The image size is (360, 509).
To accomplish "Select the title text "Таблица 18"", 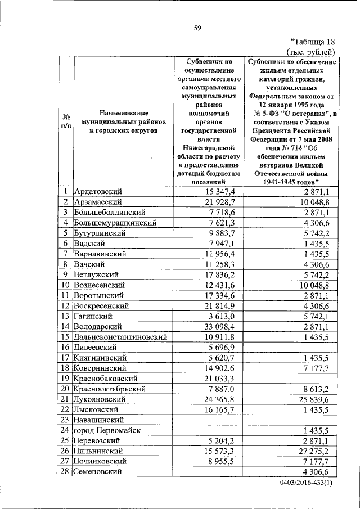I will click(x=314, y=42).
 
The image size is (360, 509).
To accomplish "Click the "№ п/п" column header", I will click(x=66, y=121).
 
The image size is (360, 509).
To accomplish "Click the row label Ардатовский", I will click(x=98, y=192).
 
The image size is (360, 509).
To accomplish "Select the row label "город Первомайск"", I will click(x=107, y=430).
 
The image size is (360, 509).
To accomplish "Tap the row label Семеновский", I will click(x=99, y=472).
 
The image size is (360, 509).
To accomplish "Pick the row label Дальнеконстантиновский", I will click(x=121, y=337).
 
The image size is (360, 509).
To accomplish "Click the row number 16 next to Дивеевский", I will click(x=66, y=348).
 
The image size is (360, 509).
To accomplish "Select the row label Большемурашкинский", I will click(x=115, y=223).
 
